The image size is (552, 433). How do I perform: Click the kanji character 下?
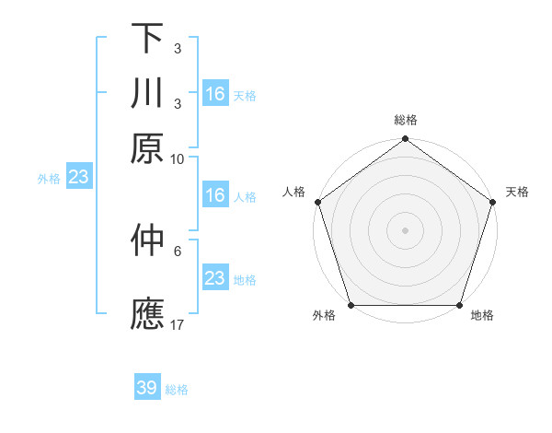(147, 38)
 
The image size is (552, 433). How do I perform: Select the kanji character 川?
(147, 93)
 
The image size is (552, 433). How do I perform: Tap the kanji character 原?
(147, 148)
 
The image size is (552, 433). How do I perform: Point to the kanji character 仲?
(147, 241)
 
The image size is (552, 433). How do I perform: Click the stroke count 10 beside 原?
(178, 158)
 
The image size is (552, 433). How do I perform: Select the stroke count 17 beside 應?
(178, 323)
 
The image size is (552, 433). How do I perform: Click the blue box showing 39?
(147, 388)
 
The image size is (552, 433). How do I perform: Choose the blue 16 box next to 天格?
(215, 94)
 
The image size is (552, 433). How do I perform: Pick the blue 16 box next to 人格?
(215, 195)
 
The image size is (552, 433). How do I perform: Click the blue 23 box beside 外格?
(77, 178)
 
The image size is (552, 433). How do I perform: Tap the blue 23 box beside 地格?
(215, 278)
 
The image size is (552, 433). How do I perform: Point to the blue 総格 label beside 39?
(177, 389)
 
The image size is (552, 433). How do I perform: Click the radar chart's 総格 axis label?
(405, 121)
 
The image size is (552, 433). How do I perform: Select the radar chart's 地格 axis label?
(482, 316)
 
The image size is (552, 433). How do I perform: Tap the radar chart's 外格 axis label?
(324, 316)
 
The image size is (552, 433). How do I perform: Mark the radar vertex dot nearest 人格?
(317, 202)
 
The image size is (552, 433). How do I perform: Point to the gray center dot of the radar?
(405, 229)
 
